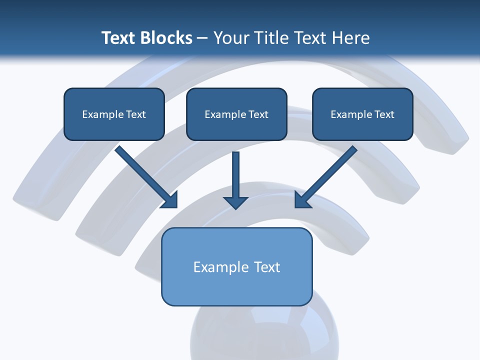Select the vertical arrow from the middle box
tap(236, 180)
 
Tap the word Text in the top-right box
tap(384, 114)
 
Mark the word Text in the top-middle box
tap(258, 114)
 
